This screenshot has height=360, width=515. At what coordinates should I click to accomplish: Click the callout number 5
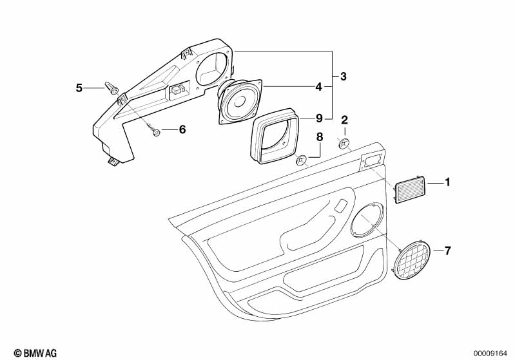[x=79, y=88]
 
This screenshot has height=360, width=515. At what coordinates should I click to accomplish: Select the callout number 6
[x=182, y=129]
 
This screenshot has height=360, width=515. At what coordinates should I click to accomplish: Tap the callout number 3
[x=343, y=77]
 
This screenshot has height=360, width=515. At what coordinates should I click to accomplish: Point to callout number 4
[x=318, y=87]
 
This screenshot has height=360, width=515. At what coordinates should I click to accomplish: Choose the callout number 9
[x=319, y=118]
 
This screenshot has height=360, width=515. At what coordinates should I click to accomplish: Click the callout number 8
[x=320, y=137]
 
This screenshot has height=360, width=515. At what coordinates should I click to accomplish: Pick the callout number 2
[x=344, y=120]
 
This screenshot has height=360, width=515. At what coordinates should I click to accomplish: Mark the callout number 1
[x=447, y=182]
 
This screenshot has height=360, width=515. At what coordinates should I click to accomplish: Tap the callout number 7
[x=447, y=251]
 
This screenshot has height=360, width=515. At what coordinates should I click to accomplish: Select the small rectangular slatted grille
[x=409, y=190]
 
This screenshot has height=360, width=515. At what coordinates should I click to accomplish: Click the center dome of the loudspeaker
[x=239, y=100]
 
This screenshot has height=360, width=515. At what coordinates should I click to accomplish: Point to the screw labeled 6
[x=152, y=129]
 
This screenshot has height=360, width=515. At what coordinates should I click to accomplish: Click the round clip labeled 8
[x=301, y=161]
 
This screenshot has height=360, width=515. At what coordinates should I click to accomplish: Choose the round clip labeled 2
[x=343, y=144]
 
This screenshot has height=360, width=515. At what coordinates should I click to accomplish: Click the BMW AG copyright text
[x=35, y=353]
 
